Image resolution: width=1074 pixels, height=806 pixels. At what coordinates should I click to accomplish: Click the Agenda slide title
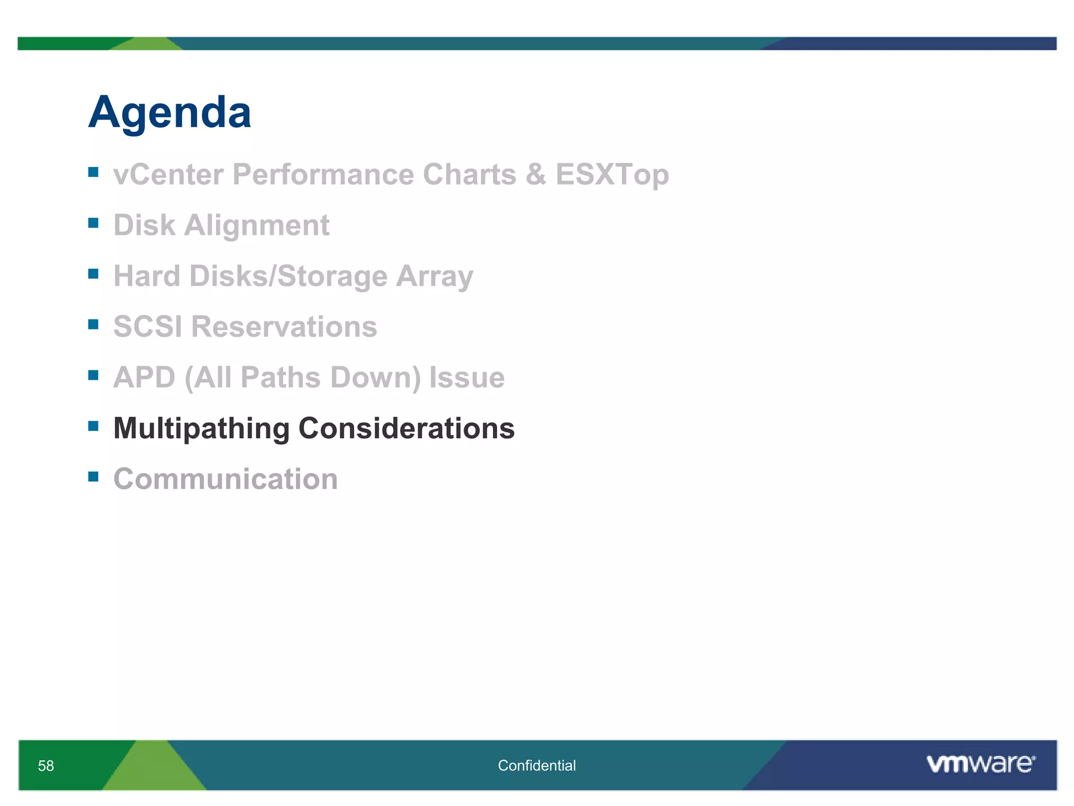click(169, 113)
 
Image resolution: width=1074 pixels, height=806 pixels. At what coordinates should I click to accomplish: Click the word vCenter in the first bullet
click(168, 174)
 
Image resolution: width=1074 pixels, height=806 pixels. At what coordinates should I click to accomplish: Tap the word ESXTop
click(612, 174)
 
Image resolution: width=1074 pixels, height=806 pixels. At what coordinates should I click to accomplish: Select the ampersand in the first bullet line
click(535, 174)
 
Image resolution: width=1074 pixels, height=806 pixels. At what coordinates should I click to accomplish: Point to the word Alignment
click(256, 226)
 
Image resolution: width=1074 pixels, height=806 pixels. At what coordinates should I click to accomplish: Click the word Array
click(434, 277)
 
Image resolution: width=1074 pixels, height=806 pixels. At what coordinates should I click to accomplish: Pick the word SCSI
click(148, 327)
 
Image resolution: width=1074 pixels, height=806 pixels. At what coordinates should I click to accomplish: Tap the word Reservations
click(284, 327)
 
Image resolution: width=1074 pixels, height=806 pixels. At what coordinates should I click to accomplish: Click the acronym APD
click(144, 378)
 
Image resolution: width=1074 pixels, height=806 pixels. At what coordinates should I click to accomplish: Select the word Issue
click(467, 378)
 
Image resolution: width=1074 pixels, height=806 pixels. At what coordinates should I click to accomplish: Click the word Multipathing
click(201, 429)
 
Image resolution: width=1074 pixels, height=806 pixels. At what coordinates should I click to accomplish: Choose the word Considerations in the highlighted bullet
click(406, 429)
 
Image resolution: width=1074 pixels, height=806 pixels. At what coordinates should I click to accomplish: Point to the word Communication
click(225, 479)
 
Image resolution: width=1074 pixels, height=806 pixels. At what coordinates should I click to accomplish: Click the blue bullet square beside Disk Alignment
click(93, 223)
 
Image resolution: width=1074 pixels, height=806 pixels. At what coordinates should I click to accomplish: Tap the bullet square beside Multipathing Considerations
click(93, 426)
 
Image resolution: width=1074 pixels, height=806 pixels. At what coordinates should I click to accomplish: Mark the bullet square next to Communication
click(93, 476)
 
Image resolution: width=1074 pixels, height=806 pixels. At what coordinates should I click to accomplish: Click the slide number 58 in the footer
click(46, 766)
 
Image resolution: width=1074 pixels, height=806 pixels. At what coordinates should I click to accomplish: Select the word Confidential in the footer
click(536, 766)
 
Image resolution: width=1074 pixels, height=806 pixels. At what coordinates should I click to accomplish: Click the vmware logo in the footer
click(980, 764)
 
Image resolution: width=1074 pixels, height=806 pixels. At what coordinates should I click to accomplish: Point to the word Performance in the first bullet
click(323, 174)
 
